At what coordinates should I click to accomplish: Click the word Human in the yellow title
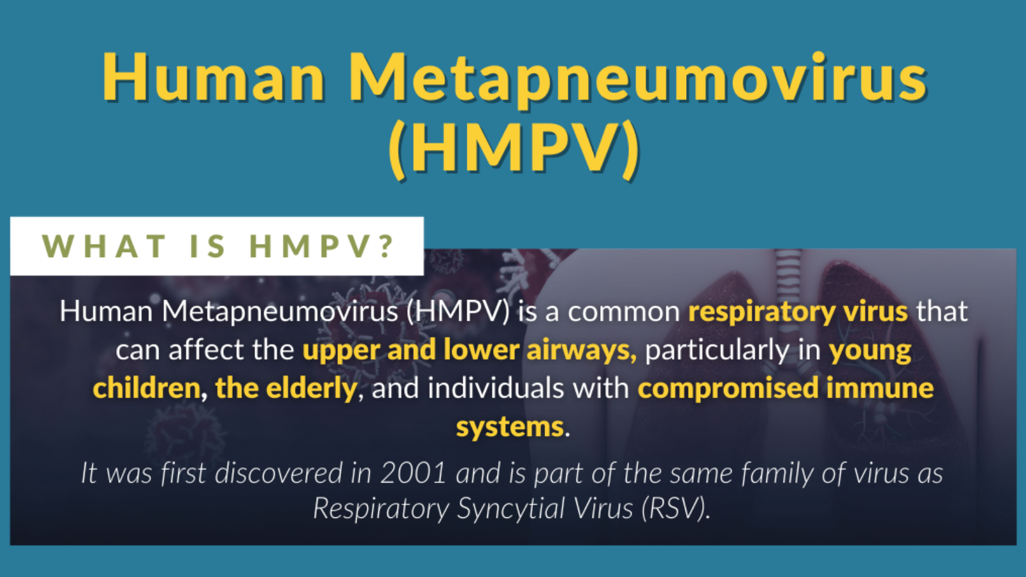[214, 77]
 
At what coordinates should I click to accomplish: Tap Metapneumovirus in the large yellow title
[637, 81]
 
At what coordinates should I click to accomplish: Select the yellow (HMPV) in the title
[514, 149]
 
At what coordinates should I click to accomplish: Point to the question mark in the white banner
[387, 246]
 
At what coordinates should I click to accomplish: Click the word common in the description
[624, 312]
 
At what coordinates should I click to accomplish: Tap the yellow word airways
[581, 351]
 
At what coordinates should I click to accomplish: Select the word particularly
[718, 351]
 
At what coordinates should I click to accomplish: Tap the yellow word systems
[510, 428]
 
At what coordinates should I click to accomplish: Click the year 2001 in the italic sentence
[413, 472]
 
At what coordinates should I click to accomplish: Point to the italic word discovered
[278, 472]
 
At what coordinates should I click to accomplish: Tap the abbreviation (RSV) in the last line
[676, 509]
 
